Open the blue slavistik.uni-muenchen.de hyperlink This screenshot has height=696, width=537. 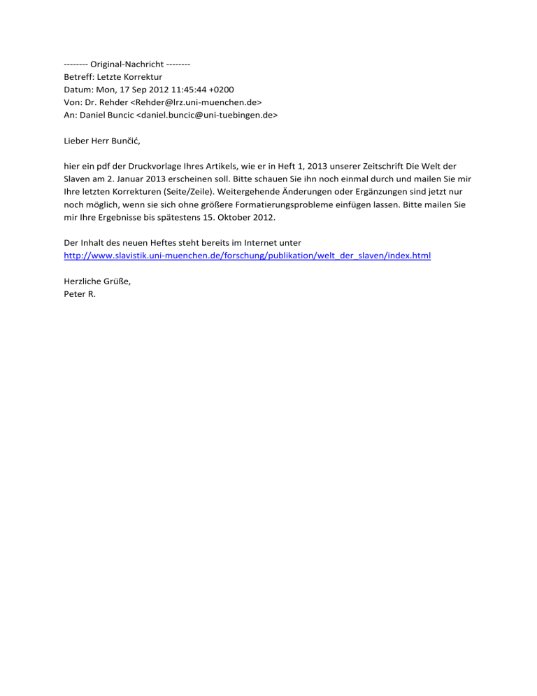[x=247, y=256]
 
